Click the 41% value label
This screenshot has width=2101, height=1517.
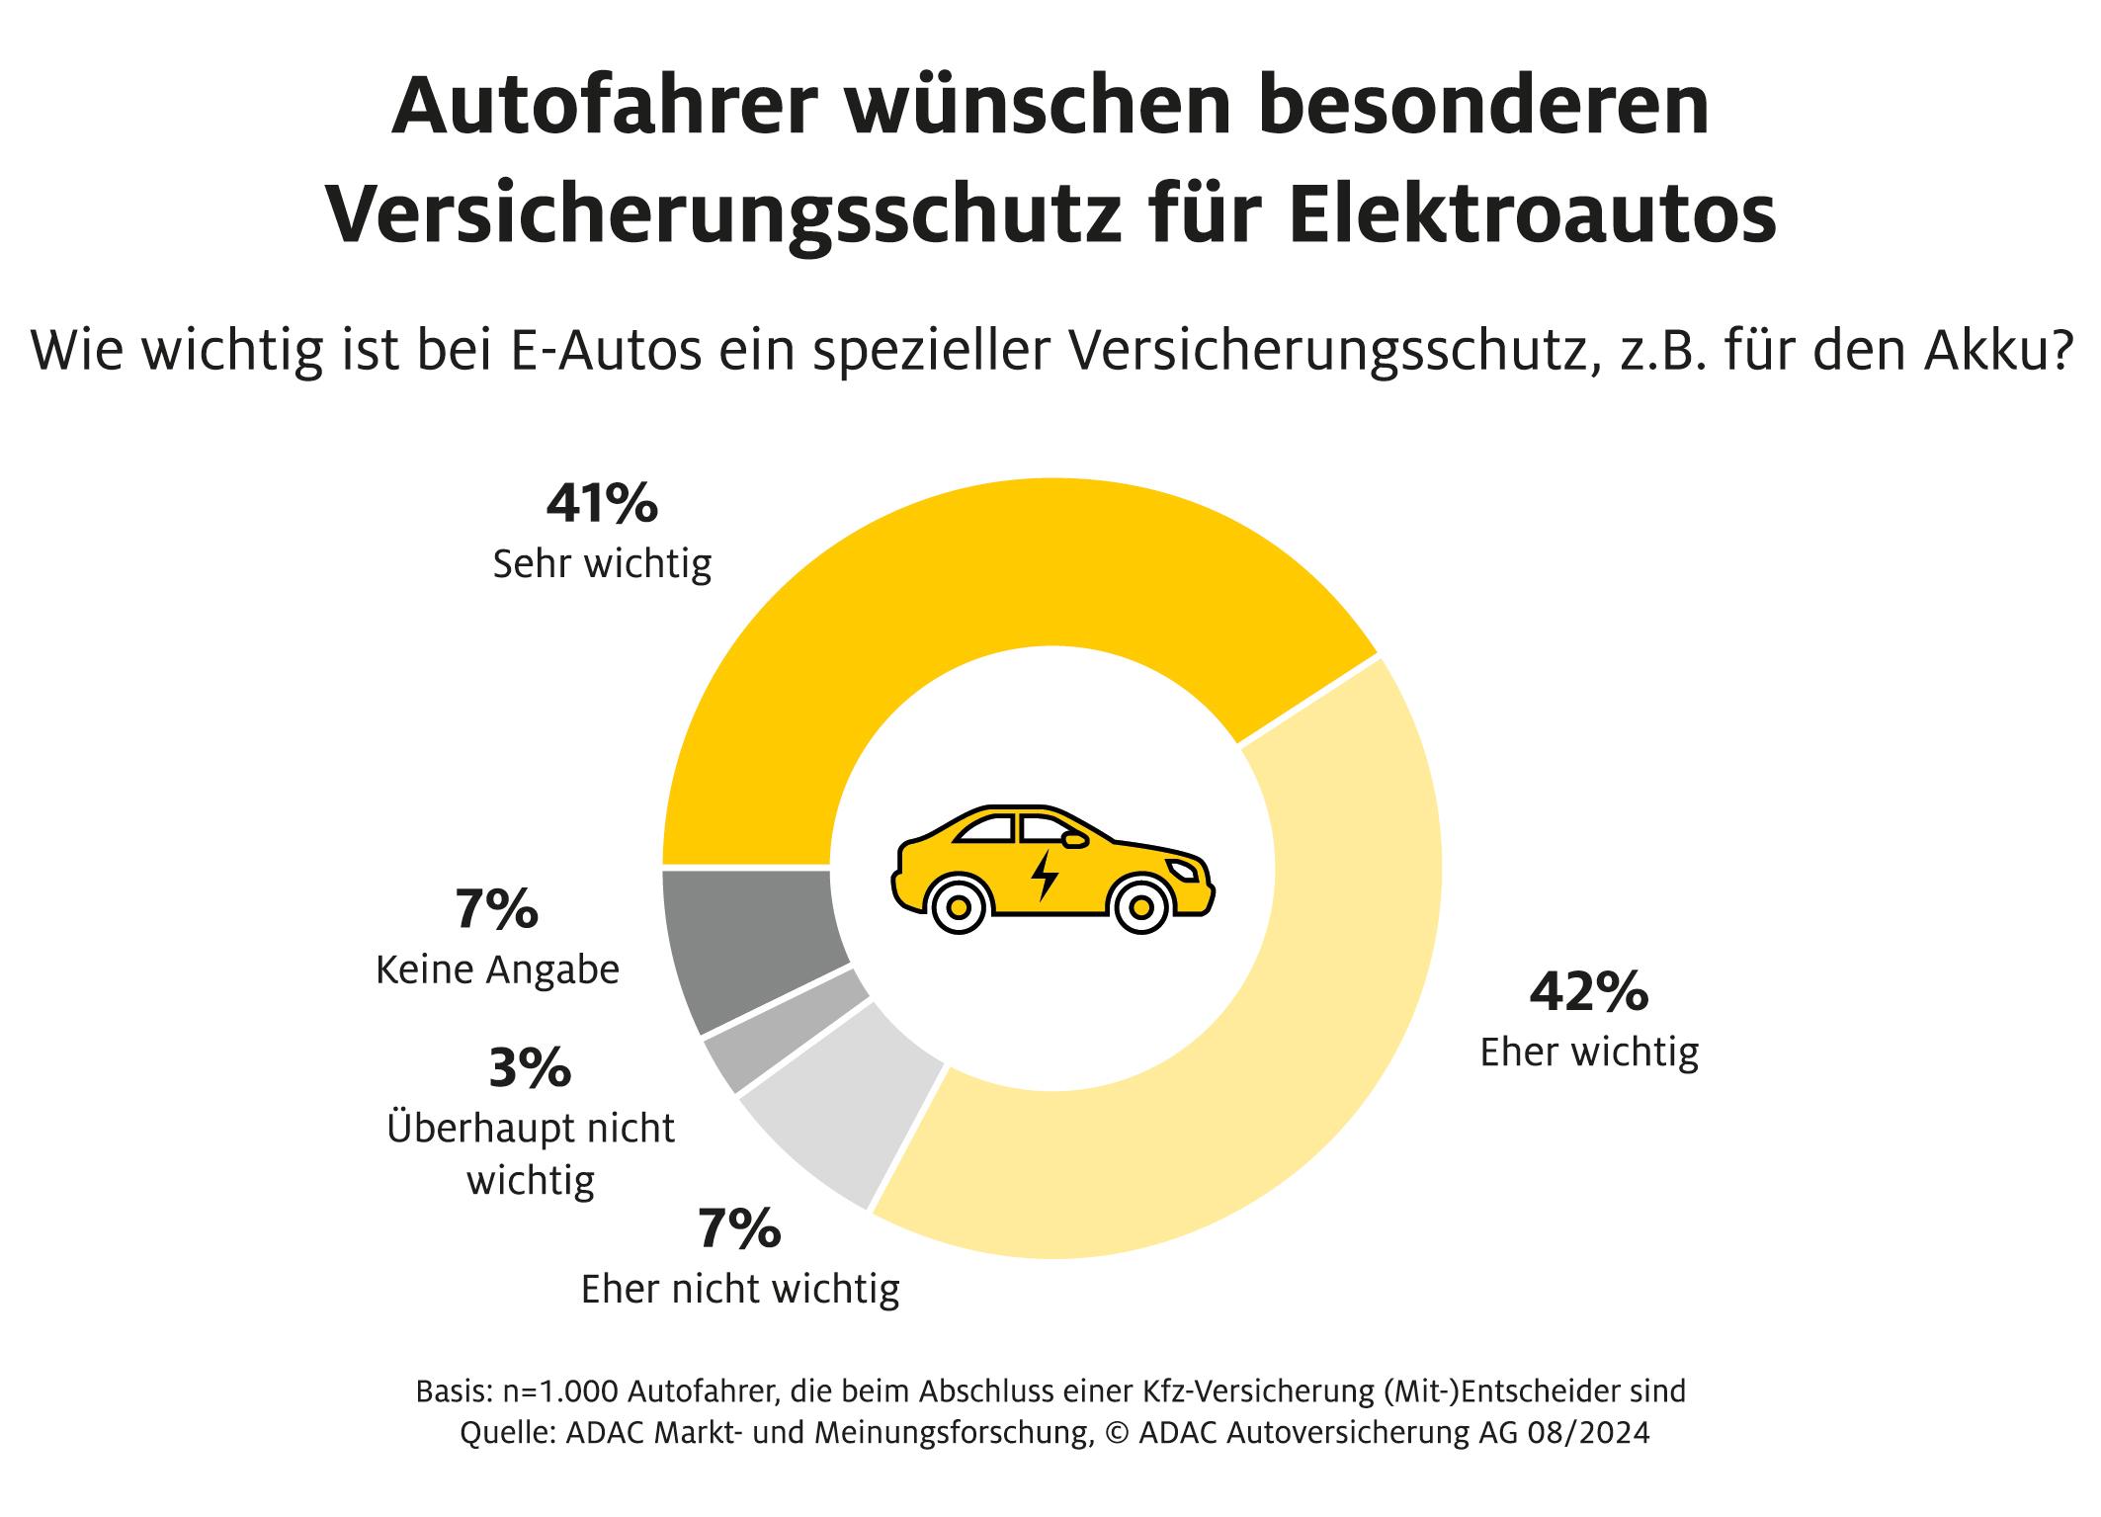[602, 503]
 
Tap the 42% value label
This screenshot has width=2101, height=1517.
[1589, 992]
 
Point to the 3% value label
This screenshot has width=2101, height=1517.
[531, 1067]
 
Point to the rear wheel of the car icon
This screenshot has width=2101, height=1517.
[957, 905]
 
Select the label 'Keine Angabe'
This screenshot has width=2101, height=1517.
[497, 970]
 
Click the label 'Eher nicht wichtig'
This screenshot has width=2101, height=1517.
[740, 1289]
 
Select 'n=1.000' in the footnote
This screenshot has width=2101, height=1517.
[560, 1391]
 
